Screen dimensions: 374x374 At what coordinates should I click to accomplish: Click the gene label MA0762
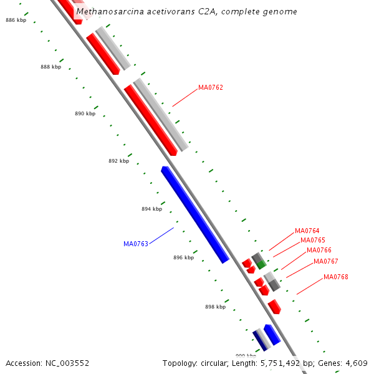pos(211,87)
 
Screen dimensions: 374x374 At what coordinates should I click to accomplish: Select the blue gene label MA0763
pos(136,244)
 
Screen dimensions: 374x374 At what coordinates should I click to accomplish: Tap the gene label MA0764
pos(307,231)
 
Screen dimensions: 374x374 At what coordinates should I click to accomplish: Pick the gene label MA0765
pos(313,241)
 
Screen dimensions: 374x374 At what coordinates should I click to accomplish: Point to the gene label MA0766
pos(319,251)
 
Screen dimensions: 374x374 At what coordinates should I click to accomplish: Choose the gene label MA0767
pos(326,261)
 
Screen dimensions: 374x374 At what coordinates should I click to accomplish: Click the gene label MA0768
pos(336,277)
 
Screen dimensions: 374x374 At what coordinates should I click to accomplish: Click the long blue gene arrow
pos(194,214)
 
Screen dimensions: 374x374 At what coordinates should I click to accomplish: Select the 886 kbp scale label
pos(16,21)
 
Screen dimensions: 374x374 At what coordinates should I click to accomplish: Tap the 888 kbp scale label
pos(51,67)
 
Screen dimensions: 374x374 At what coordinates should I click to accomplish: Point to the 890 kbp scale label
pos(85,113)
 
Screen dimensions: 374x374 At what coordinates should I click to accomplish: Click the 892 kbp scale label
pos(118,161)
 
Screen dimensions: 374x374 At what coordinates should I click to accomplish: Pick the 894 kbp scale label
pos(151,209)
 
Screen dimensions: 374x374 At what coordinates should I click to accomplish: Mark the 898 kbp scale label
pos(215,307)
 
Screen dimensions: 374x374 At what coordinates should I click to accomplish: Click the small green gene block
pos(261,265)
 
